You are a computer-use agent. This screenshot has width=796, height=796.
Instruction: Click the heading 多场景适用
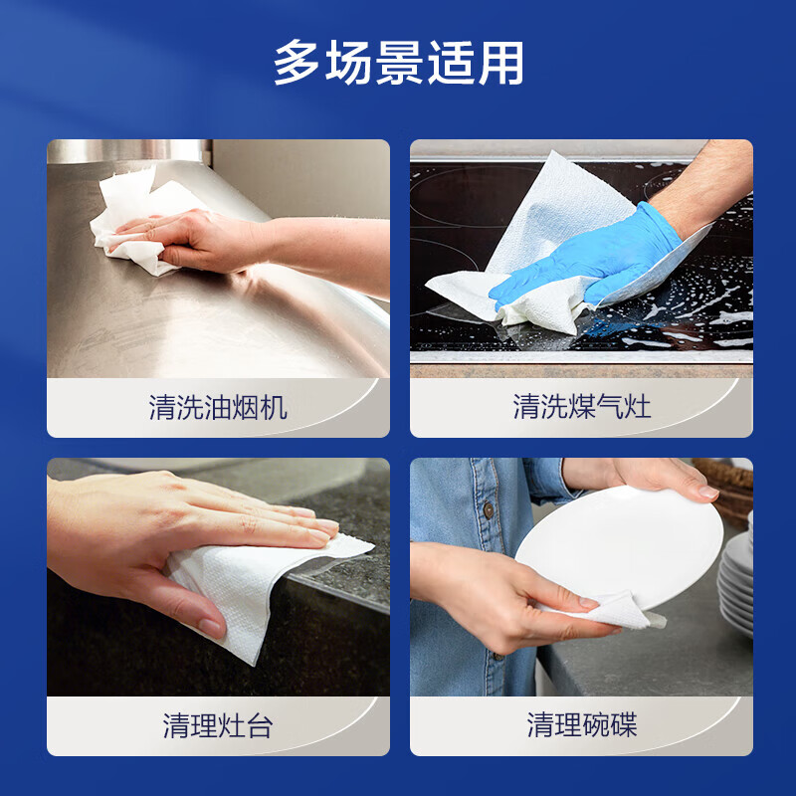click(398, 64)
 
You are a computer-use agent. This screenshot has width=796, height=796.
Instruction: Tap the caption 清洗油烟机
click(218, 407)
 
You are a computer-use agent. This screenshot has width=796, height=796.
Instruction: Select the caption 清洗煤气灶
click(581, 407)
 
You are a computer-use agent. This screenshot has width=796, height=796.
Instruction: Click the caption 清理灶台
click(218, 725)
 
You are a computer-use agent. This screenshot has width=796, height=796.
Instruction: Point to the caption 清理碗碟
click(581, 725)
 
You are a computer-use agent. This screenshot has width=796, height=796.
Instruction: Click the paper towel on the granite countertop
click(249, 592)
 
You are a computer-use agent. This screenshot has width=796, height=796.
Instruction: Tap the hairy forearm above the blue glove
click(711, 184)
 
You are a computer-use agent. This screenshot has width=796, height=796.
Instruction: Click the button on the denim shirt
click(489, 510)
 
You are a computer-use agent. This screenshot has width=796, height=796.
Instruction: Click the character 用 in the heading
click(499, 64)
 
